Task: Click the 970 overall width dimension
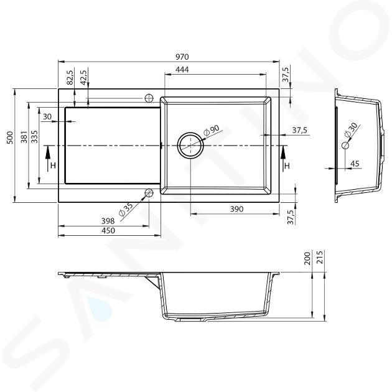click(182, 57)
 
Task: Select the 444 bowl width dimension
click(182, 69)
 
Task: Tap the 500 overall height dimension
click(10, 138)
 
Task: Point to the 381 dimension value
click(24, 136)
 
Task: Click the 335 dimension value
click(35, 136)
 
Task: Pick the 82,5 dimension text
click(70, 77)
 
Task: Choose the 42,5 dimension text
click(83, 77)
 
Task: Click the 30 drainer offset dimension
click(47, 116)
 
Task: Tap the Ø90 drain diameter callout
click(212, 130)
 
